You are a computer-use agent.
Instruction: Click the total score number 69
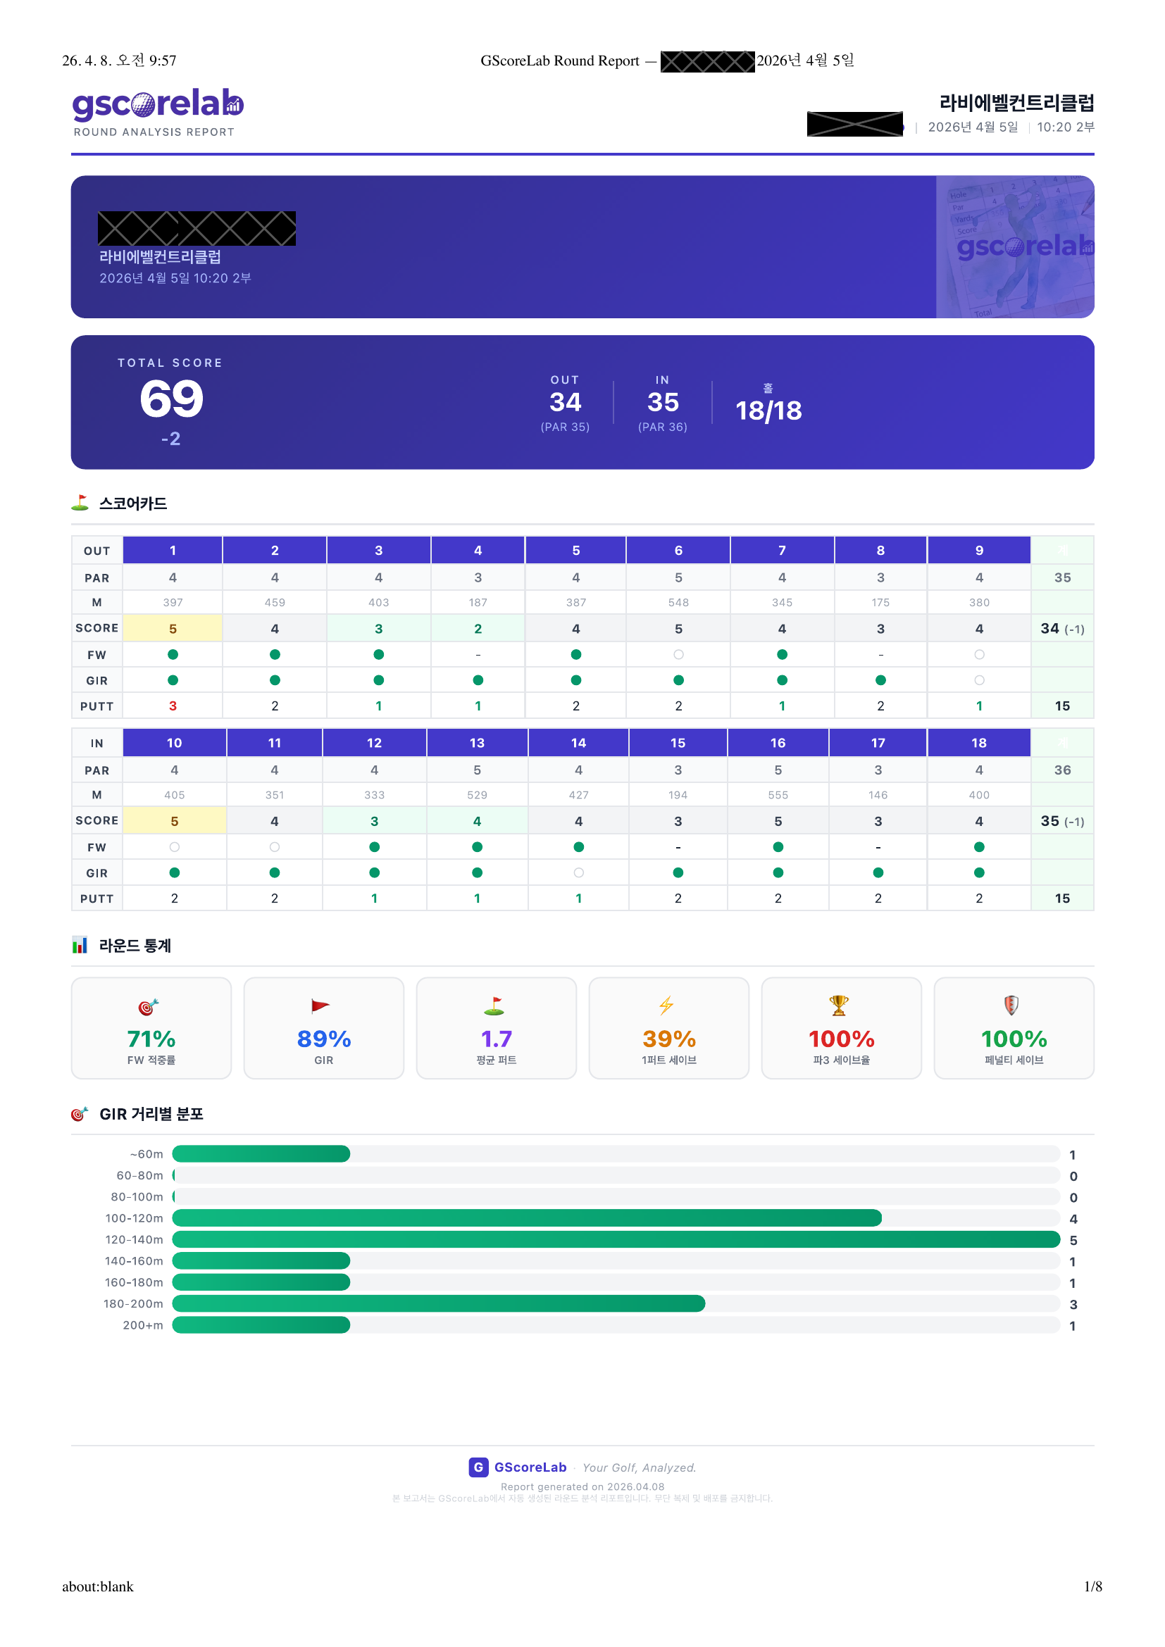pyautogui.click(x=171, y=399)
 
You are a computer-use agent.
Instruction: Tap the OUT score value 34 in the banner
pyautogui.click(x=565, y=403)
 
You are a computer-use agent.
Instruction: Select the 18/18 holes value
pyautogui.click(x=768, y=411)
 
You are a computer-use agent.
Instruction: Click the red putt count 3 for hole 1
pyautogui.click(x=173, y=706)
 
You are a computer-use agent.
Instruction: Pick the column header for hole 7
pyautogui.click(x=782, y=550)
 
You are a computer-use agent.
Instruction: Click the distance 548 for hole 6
pyautogui.click(x=678, y=603)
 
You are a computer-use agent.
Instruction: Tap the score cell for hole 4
pyautogui.click(x=478, y=628)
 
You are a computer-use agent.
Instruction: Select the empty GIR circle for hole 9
pyautogui.click(x=979, y=680)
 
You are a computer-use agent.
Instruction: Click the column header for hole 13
pyautogui.click(x=477, y=742)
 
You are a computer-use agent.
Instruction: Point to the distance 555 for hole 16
pyautogui.click(x=778, y=795)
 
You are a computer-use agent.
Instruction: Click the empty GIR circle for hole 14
pyautogui.click(x=578, y=872)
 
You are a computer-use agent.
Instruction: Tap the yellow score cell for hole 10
pyautogui.click(x=174, y=820)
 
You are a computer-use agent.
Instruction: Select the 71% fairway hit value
pyautogui.click(x=151, y=1039)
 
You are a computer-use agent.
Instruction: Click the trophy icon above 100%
pyautogui.click(x=839, y=1005)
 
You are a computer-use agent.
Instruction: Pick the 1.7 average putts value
pyautogui.click(x=496, y=1039)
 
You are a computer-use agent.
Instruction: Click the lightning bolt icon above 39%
pyautogui.click(x=666, y=1005)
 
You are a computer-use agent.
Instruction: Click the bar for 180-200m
pyautogui.click(x=438, y=1303)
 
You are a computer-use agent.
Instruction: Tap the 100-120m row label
pyautogui.click(x=134, y=1218)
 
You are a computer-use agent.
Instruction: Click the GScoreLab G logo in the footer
pyautogui.click(x=478, y=1467)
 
